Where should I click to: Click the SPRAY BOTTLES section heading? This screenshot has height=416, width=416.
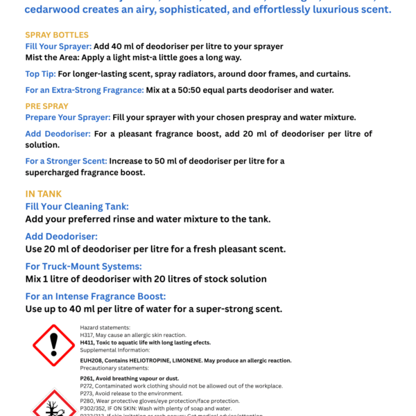57,35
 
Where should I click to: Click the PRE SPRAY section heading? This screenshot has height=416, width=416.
46,106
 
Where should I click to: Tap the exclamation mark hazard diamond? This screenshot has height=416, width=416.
53,345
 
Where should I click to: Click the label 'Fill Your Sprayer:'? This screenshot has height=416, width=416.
58,46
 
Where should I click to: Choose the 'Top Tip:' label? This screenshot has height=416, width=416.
40,73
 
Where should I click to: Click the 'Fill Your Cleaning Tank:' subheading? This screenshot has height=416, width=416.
77,207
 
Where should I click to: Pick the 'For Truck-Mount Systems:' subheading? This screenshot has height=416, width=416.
83,266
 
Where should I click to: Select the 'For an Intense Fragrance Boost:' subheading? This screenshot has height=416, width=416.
101,296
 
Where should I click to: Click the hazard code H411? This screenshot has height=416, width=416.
89,343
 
